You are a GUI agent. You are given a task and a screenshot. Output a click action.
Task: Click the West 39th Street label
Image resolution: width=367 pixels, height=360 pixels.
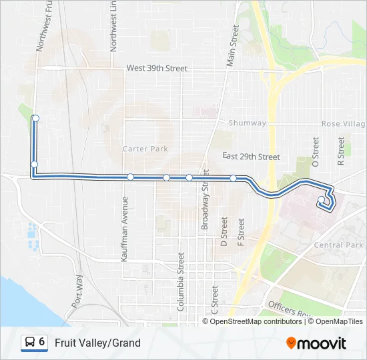[x=157, y=69]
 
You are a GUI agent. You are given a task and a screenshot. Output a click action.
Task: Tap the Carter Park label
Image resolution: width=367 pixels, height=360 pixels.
[x=145, y=149]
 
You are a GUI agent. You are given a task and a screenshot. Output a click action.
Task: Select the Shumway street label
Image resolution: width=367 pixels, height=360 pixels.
[x=247, y=123]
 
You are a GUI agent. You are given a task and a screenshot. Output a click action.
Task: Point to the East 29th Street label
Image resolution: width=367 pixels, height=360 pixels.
[x=251, y=157]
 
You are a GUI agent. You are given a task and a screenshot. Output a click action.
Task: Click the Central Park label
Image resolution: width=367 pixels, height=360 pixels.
[x=338, y=245]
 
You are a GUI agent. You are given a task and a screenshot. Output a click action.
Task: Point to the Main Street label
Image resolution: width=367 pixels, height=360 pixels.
[x=233, y=45]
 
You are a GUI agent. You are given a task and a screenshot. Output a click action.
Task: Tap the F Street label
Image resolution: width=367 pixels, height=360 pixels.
[x=241, y=229]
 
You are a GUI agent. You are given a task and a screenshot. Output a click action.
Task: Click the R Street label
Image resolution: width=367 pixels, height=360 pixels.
[x=341, y=151]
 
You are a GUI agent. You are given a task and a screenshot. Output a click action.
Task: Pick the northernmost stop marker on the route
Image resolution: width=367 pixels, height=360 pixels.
[x=35, y=119]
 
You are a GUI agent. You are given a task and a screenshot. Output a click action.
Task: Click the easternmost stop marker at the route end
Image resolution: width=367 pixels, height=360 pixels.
[x=322, y=199]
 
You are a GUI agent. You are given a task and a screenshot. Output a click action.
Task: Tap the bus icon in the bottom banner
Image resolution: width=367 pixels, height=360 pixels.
[x=31, y=343]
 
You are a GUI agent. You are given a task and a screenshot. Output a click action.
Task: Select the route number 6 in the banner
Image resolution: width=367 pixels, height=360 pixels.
[x=42, y=342]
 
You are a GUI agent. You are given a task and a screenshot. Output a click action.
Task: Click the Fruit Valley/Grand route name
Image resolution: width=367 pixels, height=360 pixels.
[x=97, y=343]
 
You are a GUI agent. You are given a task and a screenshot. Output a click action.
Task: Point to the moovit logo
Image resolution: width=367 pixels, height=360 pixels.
[x=316, y=343]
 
